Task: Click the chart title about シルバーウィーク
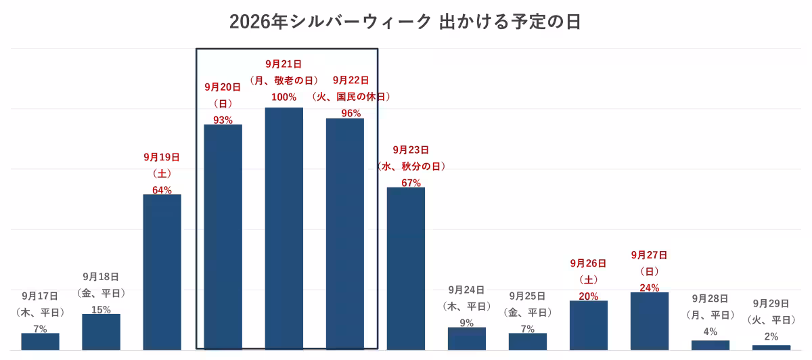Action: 405,22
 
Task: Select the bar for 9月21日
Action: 284,229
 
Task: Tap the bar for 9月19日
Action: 162,272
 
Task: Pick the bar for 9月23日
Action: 405,269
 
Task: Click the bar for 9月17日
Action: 40,342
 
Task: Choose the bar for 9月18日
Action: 101,332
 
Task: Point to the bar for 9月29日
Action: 771,347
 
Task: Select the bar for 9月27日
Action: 650,321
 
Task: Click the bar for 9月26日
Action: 589,325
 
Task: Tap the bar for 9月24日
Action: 467,338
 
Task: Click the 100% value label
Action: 284,97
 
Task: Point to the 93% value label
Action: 223,120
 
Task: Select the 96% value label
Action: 351,114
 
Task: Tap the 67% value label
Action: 411,183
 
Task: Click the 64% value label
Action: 162,190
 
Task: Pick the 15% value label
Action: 101,310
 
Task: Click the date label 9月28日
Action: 710,298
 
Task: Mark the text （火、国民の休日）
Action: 351,97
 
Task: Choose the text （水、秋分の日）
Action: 411,166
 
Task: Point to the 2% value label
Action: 771,337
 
